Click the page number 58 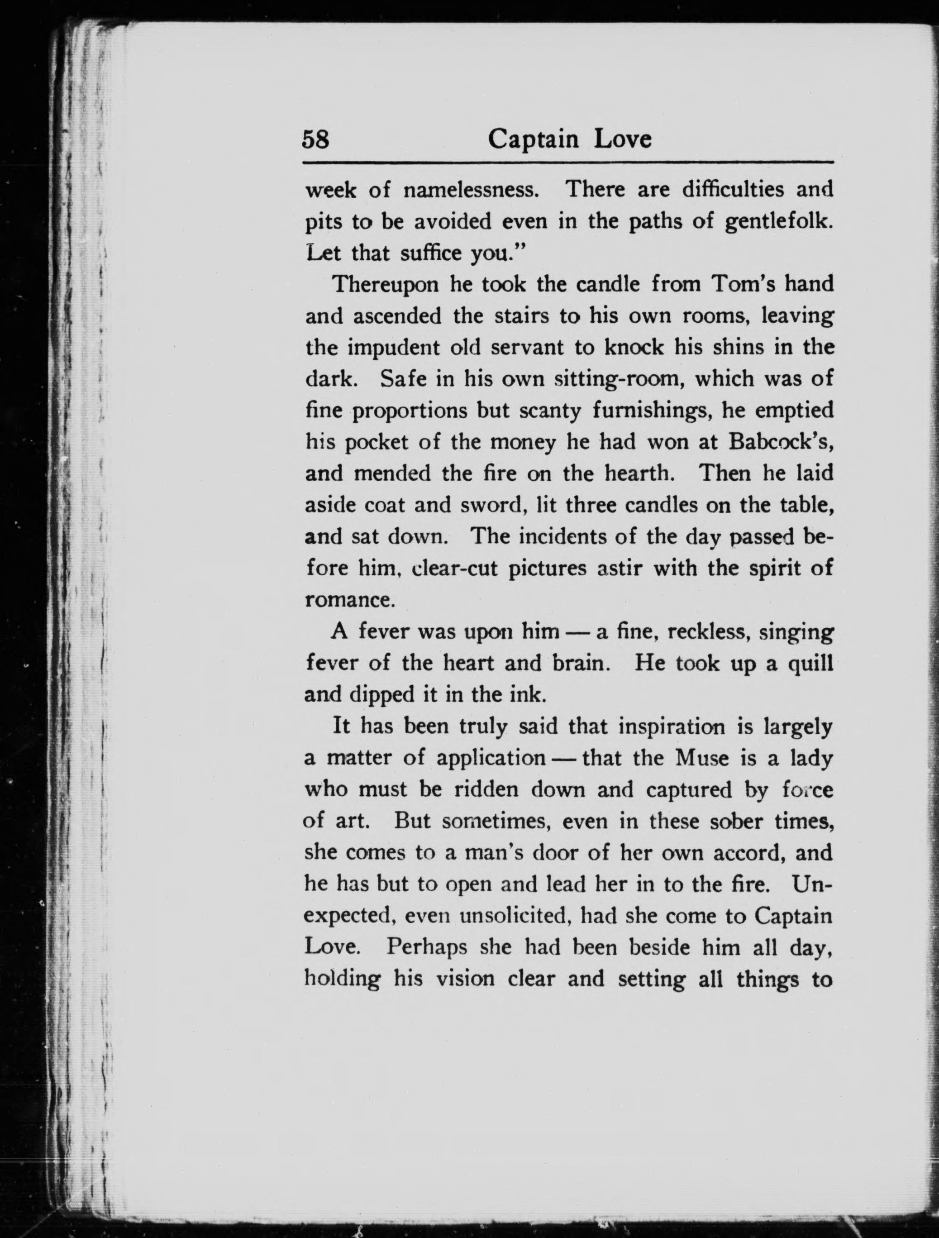coord(315,139)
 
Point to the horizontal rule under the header coord(567,163)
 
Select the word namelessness coord(472,190)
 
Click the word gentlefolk coord(778,222)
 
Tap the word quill coord(811,663)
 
